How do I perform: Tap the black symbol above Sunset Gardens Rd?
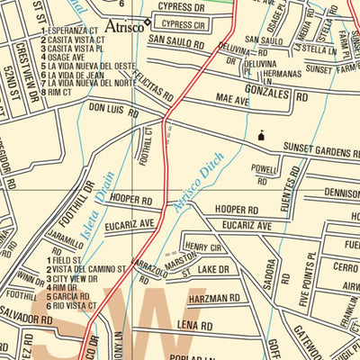click(261, 135)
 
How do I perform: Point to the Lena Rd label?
click(193, 325)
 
